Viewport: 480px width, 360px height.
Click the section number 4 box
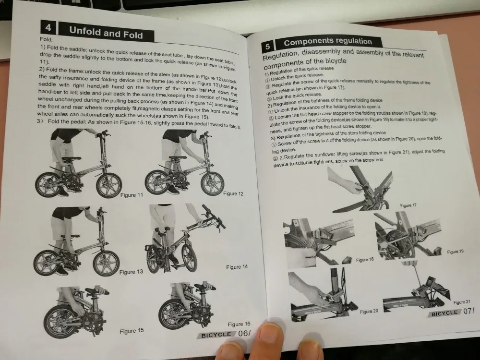(x=48, y=28)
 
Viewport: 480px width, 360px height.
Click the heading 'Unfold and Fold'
(x=106, y=33)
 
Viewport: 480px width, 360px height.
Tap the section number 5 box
(x=267, y=47)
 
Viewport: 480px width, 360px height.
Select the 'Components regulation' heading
(x=328, y=42)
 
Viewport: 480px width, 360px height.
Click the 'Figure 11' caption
(x=132, y=195)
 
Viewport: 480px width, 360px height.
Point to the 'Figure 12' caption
(x=233, y=193)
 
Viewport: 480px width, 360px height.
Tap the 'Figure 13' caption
(x=131, y=272)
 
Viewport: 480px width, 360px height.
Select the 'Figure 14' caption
(x=237, y=267)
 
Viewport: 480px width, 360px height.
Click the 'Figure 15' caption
(x=132, y=331)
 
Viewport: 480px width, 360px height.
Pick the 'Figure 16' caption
(x=239, y=324)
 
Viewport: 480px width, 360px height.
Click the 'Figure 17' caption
(x=408, y=205)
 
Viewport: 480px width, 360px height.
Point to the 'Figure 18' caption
(x=365, y=260)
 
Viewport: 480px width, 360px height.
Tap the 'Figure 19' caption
(x=455, y=252)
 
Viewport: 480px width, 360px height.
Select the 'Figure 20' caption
(x=369, y=312)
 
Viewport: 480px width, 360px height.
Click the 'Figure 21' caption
(x=462, y=302)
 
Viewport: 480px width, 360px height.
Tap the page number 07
(x=468, y=312)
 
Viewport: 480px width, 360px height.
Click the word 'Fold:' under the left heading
(x=46, y=39)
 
